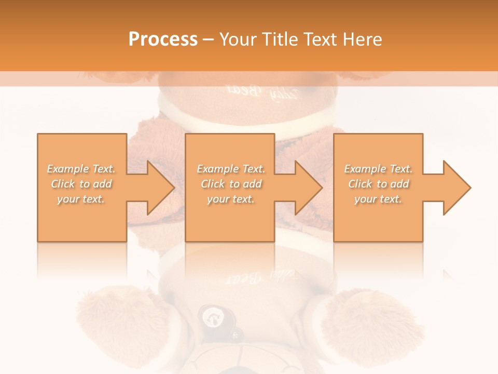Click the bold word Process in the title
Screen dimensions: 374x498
click(163, 39)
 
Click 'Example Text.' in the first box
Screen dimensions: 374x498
click(81, 169)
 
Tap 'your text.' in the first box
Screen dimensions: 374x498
click(81, 199)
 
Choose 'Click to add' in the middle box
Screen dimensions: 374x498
click(231, 184)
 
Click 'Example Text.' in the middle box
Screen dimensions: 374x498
click(231, 169)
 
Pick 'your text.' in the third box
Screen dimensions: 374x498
click(378, 199)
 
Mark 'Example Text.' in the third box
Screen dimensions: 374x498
click(378, 169)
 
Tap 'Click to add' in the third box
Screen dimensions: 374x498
click(378, 184)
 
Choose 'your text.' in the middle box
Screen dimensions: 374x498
click(231, 199)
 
